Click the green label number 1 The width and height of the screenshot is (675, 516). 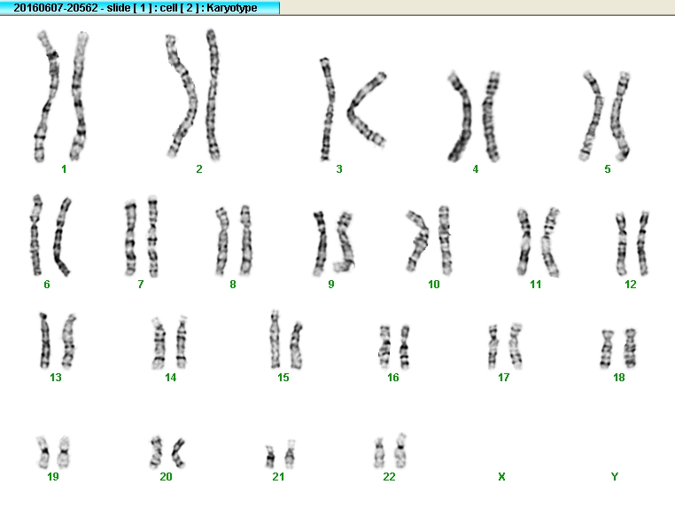point(64,168)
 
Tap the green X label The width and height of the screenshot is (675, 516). point(501,476)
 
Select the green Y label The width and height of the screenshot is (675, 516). point(614,476)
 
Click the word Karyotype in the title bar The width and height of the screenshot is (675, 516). point(231,8)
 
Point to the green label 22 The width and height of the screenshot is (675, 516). point(389,476)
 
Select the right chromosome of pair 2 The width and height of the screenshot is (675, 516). point(213,95)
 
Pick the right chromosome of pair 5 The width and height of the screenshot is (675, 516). point(618,115)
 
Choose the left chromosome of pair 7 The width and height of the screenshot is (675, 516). point(130,238)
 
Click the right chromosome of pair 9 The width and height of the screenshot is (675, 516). point(345,242)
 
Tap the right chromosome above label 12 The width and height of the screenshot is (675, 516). point(643,243)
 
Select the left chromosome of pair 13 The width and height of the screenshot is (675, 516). point(45,341)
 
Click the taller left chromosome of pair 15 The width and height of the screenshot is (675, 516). point(275,340)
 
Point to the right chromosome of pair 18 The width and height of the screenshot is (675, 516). point(630,348)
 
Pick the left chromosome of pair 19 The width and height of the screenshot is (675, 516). point(43,452)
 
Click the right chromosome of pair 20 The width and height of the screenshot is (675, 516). point(178,453)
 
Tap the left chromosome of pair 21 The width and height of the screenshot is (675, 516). point(270,457)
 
